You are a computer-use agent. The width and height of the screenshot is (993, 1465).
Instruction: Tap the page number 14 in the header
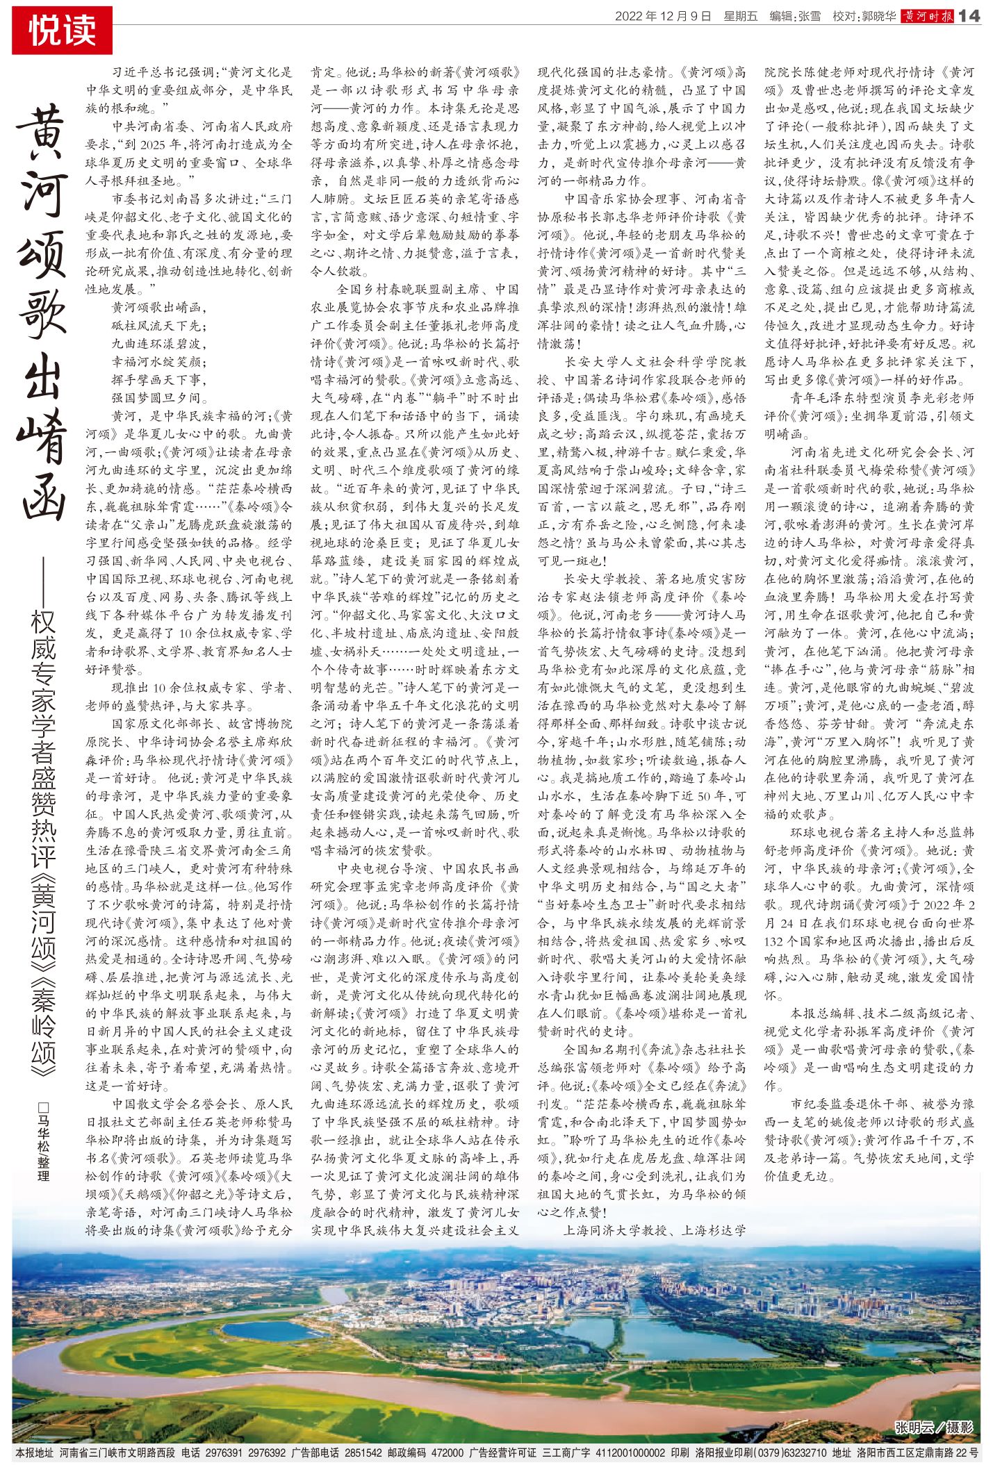pyautogui.click(x=969, y=16)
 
